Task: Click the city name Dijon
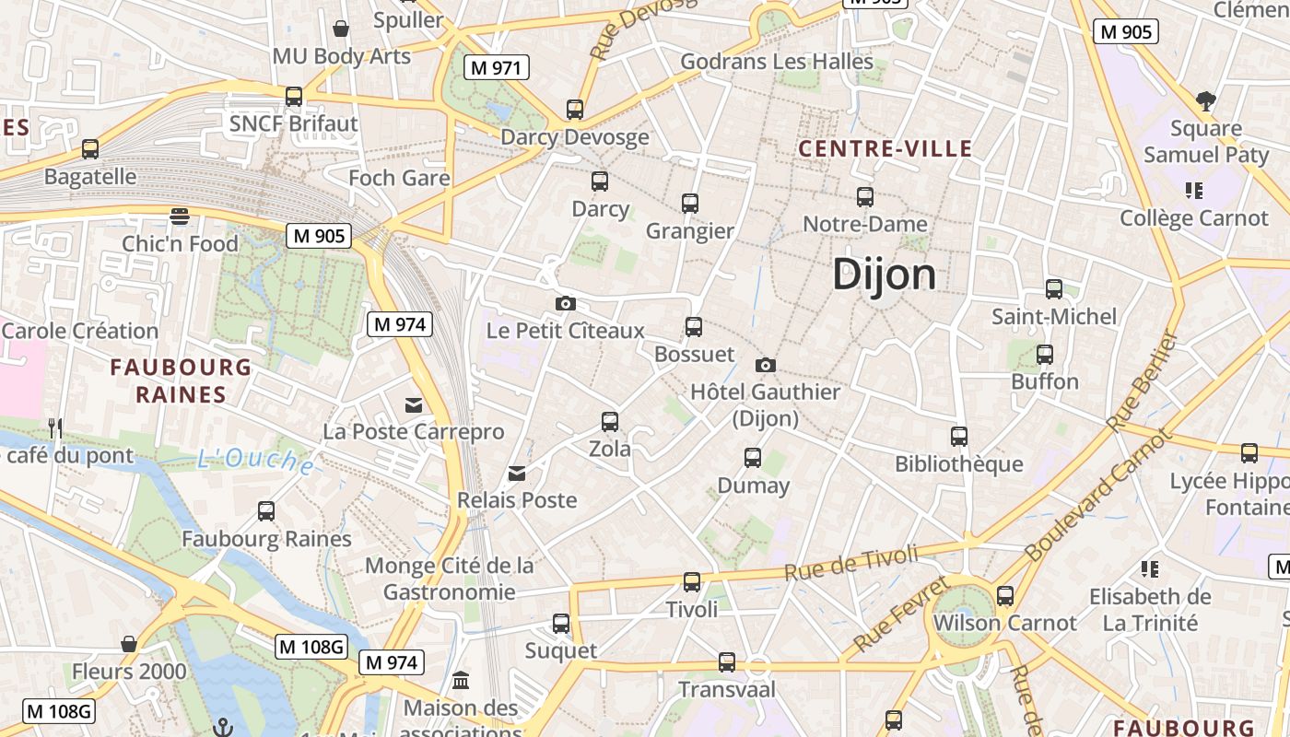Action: click(884, 275)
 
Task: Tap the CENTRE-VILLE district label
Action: click(885, 148)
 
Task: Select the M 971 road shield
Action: click(497, 67)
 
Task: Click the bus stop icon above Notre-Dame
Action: click(864, 196)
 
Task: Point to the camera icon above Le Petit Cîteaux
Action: click(566, 303)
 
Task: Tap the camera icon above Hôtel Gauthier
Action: click(765, 365)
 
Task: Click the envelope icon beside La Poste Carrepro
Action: click(413, 404)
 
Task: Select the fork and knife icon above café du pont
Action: click(55, 427)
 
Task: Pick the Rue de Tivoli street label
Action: click(851, 562)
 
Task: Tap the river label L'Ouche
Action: click(255, 459)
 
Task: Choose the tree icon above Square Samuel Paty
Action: click(1205, 100)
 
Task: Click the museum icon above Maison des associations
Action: click(460, 681)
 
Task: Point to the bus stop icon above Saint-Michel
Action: click(1054, 289)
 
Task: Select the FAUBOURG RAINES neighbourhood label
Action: click(181, 380)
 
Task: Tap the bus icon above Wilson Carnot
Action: click(1004, 596)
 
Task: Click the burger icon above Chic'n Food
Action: click(180, 216)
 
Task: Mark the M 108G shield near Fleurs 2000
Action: click(311, 647)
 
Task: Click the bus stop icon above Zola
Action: click(610, 422)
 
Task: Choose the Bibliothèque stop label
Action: click(958, 463)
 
